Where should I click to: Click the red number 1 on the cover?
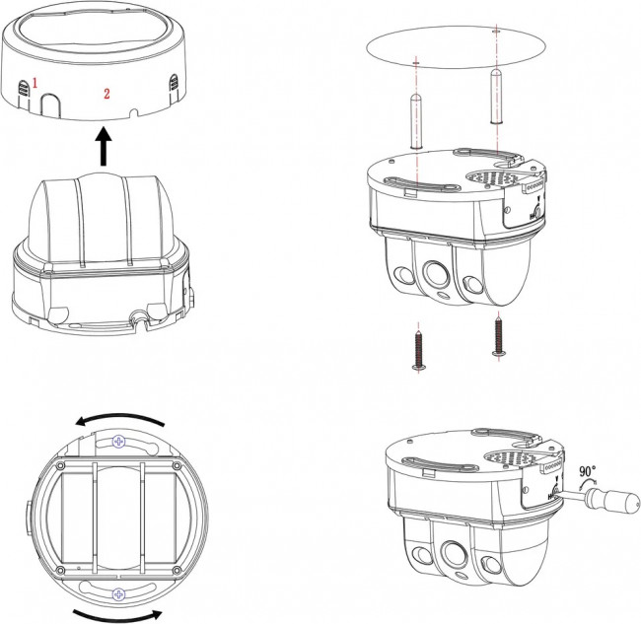coord(36,84)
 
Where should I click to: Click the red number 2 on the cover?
coord(107,94)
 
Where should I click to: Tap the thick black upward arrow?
coord(104,146)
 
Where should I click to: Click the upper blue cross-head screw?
coord(119,442)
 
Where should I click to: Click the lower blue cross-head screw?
coord(118,594)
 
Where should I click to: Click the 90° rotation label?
coord(588,471)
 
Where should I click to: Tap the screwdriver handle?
coord(612,500)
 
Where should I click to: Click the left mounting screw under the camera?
coord(418,351)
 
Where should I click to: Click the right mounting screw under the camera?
coord(498,336)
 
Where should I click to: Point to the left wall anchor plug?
coord(416,121)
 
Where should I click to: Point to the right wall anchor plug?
coord(496,96)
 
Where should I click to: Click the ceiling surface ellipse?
coord(457,47)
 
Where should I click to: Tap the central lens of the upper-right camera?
coord(436,273)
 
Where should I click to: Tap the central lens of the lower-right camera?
coord(455,554)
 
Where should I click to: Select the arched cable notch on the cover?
coord(50,105)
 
